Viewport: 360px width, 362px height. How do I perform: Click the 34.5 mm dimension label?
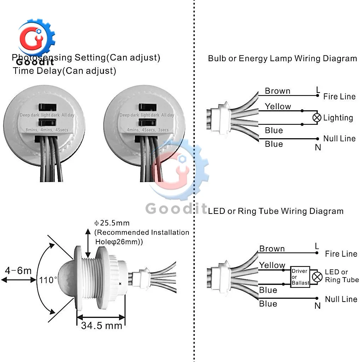click(x=102, y=325)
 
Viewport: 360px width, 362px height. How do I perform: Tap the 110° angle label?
click(x=48, y=280)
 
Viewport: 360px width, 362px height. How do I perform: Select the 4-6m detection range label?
click(x=18, y=271)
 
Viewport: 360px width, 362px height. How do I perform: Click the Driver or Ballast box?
click(x=300, y=277)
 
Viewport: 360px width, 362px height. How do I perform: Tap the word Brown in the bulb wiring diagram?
click(x=277, y=91)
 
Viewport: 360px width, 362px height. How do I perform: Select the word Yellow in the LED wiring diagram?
click(x=272, y=265)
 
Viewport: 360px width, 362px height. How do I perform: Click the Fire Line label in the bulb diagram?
click(x=339, y=97)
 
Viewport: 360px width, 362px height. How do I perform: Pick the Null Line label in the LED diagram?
click(x=341, y=299)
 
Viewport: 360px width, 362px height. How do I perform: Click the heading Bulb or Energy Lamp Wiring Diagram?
click(x=282, y=58)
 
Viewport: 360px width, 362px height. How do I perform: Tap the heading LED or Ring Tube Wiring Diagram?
click(x=276, y=211)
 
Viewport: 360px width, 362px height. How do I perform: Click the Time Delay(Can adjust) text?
click(x=65, y=71)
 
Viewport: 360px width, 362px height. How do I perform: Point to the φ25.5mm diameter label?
click(x=112, y=223)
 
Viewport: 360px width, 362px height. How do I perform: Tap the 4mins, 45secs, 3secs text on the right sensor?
click(x=147, y=130)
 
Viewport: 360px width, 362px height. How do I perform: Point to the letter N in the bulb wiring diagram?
click(x=318, y=147)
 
